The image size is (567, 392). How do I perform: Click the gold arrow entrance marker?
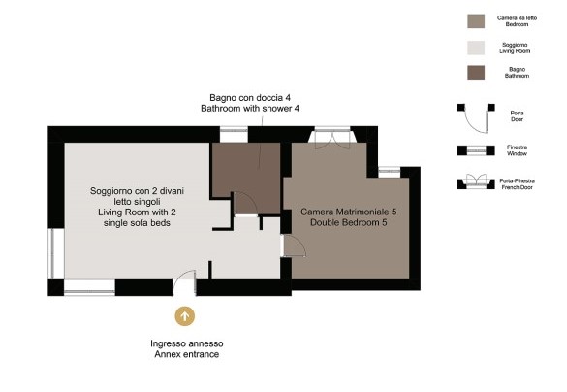185,316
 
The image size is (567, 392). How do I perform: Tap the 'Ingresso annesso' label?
187,343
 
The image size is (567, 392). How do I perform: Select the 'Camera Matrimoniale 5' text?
349,212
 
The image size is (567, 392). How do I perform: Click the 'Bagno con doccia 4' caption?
250,98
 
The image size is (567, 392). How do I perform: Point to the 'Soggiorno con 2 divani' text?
137,191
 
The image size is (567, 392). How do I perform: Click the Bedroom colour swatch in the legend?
476,21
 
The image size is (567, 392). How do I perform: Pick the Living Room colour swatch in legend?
476,48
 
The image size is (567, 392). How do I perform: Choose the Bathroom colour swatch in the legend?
476,73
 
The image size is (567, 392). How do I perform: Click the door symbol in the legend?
476,117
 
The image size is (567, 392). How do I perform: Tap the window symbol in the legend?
476,150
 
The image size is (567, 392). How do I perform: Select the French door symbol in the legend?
476,181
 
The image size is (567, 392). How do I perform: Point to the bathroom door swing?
246,204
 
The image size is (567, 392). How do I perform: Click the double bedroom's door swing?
294,246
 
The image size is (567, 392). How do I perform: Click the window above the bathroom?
234,134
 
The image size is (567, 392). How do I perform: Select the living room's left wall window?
56,253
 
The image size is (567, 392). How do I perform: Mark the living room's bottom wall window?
90,288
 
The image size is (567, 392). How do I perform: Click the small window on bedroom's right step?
390,172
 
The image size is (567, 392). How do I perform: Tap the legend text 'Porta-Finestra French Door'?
518,184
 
